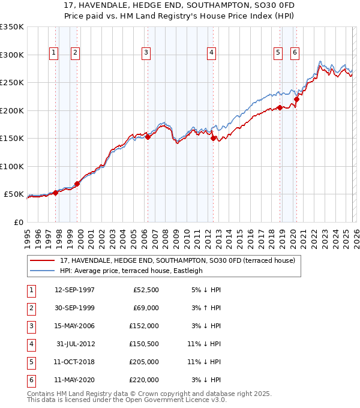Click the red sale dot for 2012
click(x=213, y=138)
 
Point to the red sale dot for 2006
click(x=148, y=137)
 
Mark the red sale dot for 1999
click(x=77, y=184)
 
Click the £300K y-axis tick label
click(x=12, y=55)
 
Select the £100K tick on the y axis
click(x=12, y=166)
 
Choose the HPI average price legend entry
click(x=131, y=271)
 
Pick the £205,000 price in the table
click(x=145, y=362)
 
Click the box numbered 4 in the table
click(x=31, y=344)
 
